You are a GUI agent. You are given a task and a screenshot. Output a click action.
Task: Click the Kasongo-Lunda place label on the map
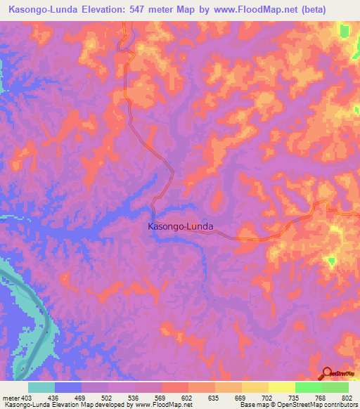coord(180,227)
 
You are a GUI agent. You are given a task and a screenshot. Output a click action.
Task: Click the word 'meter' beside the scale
coord(11,397)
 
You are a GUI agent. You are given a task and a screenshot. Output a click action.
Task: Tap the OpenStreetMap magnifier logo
coord(328,374)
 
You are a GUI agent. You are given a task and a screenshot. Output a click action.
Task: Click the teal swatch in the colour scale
coord(41,387)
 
